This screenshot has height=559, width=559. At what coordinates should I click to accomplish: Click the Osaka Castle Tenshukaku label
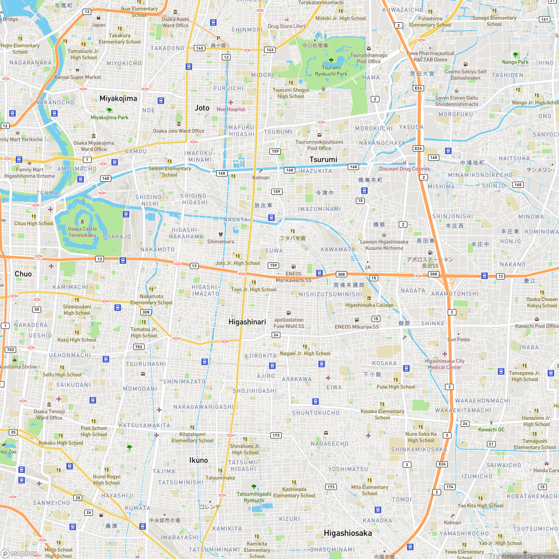82,232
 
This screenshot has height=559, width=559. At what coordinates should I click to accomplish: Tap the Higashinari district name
247,322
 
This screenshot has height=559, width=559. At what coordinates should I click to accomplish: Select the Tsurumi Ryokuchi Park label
331,71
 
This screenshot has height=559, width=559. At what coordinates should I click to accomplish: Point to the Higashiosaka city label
348,533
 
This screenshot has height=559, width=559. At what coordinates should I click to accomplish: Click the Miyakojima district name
118,98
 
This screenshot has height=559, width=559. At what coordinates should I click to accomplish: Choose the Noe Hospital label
231,109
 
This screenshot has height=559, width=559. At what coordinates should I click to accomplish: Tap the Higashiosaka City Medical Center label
445,364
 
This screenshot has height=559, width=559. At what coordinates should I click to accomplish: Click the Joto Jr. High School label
238,263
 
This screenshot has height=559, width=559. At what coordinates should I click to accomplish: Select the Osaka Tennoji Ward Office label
49,414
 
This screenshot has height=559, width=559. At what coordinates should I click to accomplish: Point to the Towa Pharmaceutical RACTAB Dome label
430,56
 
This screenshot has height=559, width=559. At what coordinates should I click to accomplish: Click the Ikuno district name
198,460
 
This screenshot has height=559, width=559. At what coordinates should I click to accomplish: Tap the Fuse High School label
396,386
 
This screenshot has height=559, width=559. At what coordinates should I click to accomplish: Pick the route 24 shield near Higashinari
276,335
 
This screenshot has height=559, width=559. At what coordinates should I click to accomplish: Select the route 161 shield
544,19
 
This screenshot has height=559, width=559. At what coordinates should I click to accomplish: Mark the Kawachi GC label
491,429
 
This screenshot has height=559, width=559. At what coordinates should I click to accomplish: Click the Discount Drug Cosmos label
404,169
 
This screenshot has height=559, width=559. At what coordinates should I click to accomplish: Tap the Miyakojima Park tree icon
109,110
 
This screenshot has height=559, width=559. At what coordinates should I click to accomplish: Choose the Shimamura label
221,242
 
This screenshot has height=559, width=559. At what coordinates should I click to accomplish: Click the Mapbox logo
19,553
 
